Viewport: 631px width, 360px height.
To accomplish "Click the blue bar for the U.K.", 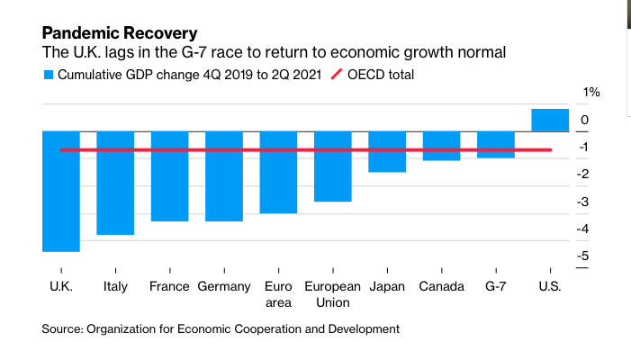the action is pyautogui.click(x=61, y=192).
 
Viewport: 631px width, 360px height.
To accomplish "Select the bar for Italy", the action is pyautogui.click(x=115, y=183).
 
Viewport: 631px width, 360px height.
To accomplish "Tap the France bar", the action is pyautogui.click(x=170, y=176).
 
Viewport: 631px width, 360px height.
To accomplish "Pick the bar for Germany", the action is pyautogui.click(x=224, y=176).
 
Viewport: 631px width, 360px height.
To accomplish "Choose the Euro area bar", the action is pyautogui.click(x=278, y=172).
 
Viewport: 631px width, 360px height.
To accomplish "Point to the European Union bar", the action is pyautogui.click(x=333, y=166).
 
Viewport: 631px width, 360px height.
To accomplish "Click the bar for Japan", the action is pyautogui.click(x=387, y=151).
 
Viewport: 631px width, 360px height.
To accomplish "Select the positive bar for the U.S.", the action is pyautogui.click(x=550, y=120).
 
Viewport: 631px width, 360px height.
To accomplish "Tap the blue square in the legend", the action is pyautogui.click(x=49, y=75).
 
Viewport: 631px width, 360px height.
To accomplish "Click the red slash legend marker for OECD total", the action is pyautogui.click(x=337, y=75).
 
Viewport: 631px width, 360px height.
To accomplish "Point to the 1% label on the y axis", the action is pyautogui.click(x=591, y=93).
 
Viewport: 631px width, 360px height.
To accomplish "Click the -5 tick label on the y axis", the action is pyautogui.click(x=582, y=256).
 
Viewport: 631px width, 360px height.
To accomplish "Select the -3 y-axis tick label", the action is pyautogui.click(x=582, y=202).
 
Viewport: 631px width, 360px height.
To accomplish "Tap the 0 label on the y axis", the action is pyautogui.click(x=585, y=120).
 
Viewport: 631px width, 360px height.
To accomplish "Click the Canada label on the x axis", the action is pyautogui.click(x=441, y=286).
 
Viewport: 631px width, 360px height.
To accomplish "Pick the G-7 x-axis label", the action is pyautogui.click(x=496, y=286).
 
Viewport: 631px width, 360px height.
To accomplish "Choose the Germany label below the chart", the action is pyautogui.click(x=224, y=287).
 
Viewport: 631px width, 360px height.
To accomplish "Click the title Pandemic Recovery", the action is pyautogui.click(x=120, y=33).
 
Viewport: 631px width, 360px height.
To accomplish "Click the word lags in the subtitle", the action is pyautogui.click(x=119, y=53).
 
